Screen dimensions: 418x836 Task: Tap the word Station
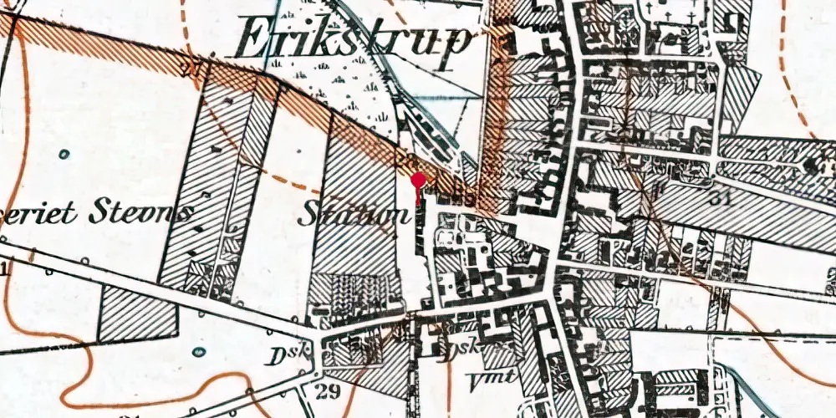354,214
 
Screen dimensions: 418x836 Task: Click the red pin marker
418,180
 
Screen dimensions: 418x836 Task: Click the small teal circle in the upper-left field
64,154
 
